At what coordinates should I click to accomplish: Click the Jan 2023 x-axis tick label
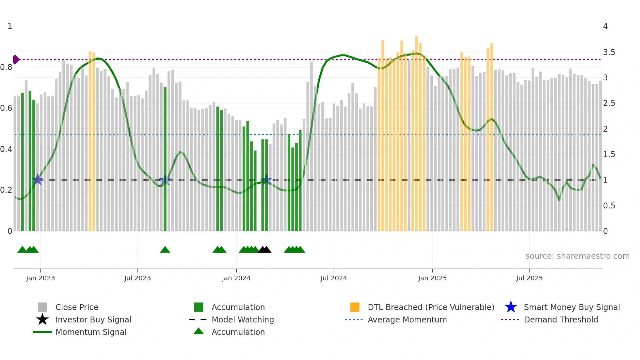pyautogui.click(x=40, y=278)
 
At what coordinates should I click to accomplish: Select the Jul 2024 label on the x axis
pyautogui.click(x=333, y=278)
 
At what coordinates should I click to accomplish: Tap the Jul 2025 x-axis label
pyautogui.click(x=529, y=278)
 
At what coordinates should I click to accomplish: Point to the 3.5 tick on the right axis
pyautogui.click(x=609, y=52)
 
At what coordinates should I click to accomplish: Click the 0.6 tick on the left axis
pyautogui.click(x=6, y=108)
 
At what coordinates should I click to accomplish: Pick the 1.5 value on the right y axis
pyautogui.click(x=609, y=155)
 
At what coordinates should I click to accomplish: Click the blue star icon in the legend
pyautogui.click(x=511, y=307)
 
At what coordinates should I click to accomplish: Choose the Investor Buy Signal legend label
pyautogui.click(x=93, y=319)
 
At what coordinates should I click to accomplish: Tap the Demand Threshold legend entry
pyautogui.click(x=561, y=319)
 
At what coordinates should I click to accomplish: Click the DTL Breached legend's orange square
pyautogui.click(x=355, y=307)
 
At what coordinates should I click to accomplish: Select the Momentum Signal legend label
pyautogui.click(x=91, y=332)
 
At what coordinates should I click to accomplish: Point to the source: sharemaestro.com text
pyautogui.click(x=577, y=256)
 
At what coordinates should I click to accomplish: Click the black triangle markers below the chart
pyautogui.click(x=264, y=250)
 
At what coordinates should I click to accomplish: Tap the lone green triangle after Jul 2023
pyautogui.click(x=165, y=250)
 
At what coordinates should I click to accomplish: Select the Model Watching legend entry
pyautogui.click(x=242, y=319)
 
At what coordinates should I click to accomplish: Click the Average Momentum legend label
pyautogui.click(x=407, y=319)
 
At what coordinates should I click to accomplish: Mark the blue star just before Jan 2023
pyautogui.click(x=38, y=179)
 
